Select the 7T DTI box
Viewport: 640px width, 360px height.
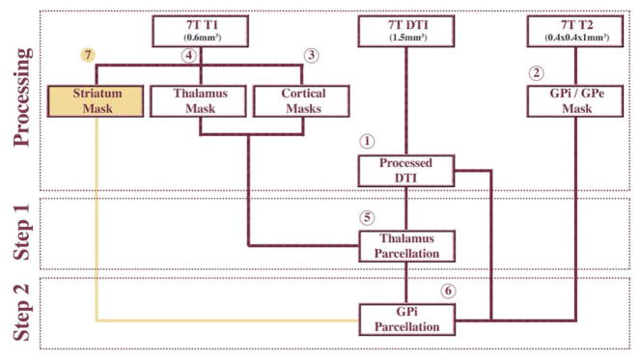(406, 31)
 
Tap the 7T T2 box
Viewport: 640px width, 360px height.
(576, 31)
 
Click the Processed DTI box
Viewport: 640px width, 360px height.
(406, 170)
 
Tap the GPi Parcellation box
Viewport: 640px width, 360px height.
(406, 318)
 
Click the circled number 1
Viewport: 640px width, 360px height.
(366, 140)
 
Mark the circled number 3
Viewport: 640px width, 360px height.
(311, 54)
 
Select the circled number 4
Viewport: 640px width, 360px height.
(189, 55)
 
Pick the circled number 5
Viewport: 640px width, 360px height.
(366, 216)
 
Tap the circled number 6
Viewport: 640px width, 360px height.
(446, 290)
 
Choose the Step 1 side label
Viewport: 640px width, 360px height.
(24, 235)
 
